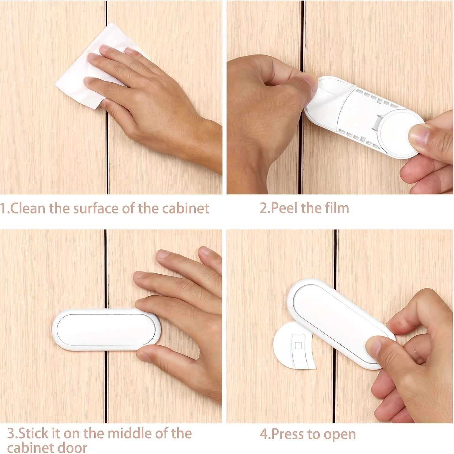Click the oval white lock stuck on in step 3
[x=106, y=329]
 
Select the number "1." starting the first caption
[x=5, y=208]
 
